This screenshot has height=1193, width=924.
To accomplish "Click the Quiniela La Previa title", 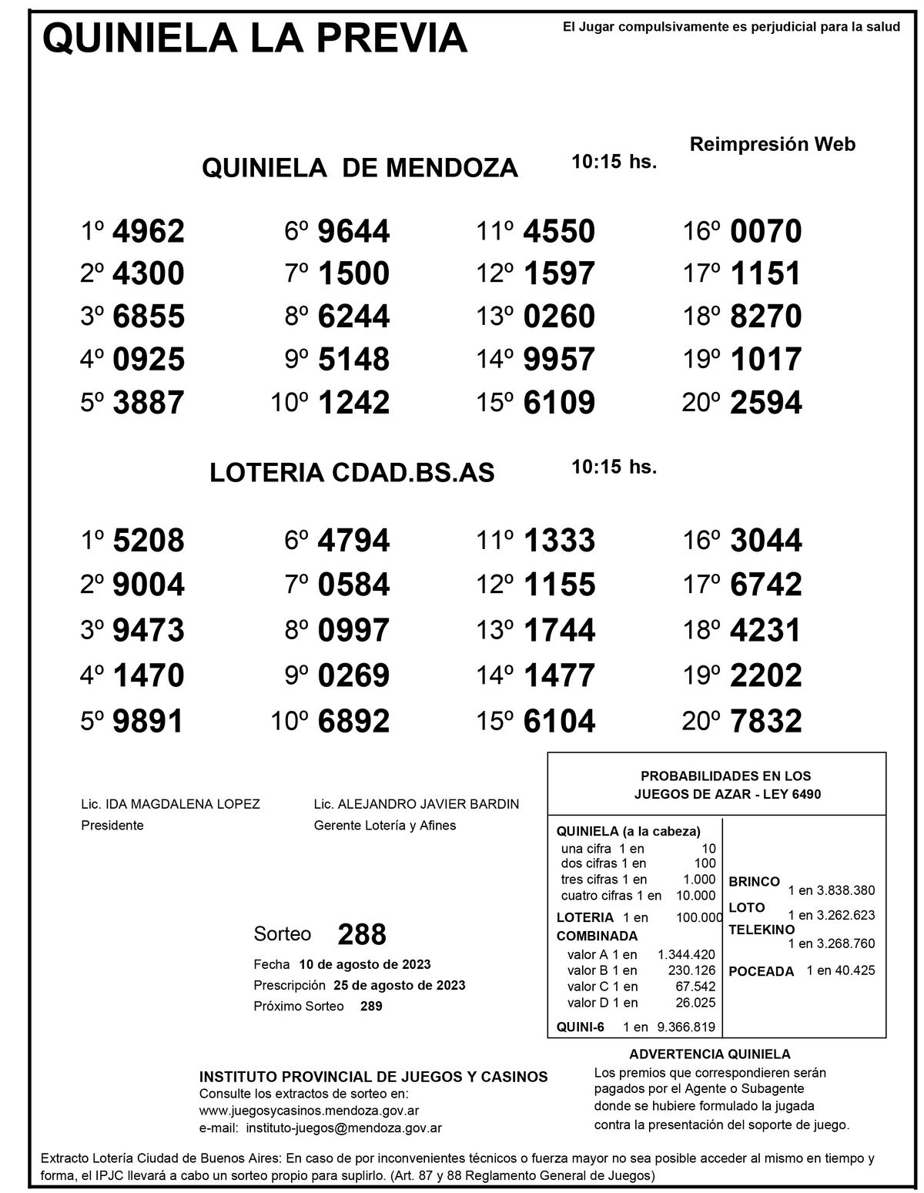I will (x=255, y=38).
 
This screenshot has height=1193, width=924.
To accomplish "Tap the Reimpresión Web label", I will (x=772, y=144).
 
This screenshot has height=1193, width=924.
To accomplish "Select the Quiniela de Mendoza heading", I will (x=360, y=167).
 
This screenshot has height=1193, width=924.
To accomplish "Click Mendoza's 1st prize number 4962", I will (x=149, y=231).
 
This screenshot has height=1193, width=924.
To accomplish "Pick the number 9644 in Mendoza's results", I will (x=354, y=231).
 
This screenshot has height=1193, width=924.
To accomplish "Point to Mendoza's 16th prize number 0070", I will (x=765, y=231).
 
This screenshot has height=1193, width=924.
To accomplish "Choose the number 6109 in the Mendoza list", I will (x=559, y=402).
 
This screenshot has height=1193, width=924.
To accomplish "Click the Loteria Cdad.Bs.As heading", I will (x=352, y=473).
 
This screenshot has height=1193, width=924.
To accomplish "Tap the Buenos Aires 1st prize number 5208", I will (x=149, y=541).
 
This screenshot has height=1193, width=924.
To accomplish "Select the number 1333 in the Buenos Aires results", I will (x=559, y=541).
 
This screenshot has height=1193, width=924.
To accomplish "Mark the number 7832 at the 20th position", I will (x=765, y=721).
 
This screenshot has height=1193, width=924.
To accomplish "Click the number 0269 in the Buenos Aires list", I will (x=354, y=675).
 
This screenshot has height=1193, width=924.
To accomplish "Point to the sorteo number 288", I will (x=362, y=934).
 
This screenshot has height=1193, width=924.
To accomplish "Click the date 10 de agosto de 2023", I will (x=365, y=964).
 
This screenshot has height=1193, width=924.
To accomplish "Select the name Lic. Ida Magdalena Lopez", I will (x=170, y=804).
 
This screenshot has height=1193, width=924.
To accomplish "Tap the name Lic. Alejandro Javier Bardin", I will (x=416, y=804).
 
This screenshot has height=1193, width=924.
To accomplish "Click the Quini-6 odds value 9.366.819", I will (x=685, y=1026).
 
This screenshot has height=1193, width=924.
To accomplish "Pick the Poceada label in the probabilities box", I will (x=761, y=971).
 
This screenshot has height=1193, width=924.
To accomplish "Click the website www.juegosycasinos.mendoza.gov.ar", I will (x=309, y=1111).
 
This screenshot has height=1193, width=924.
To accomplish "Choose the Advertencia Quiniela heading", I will (x=709, y=1054).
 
